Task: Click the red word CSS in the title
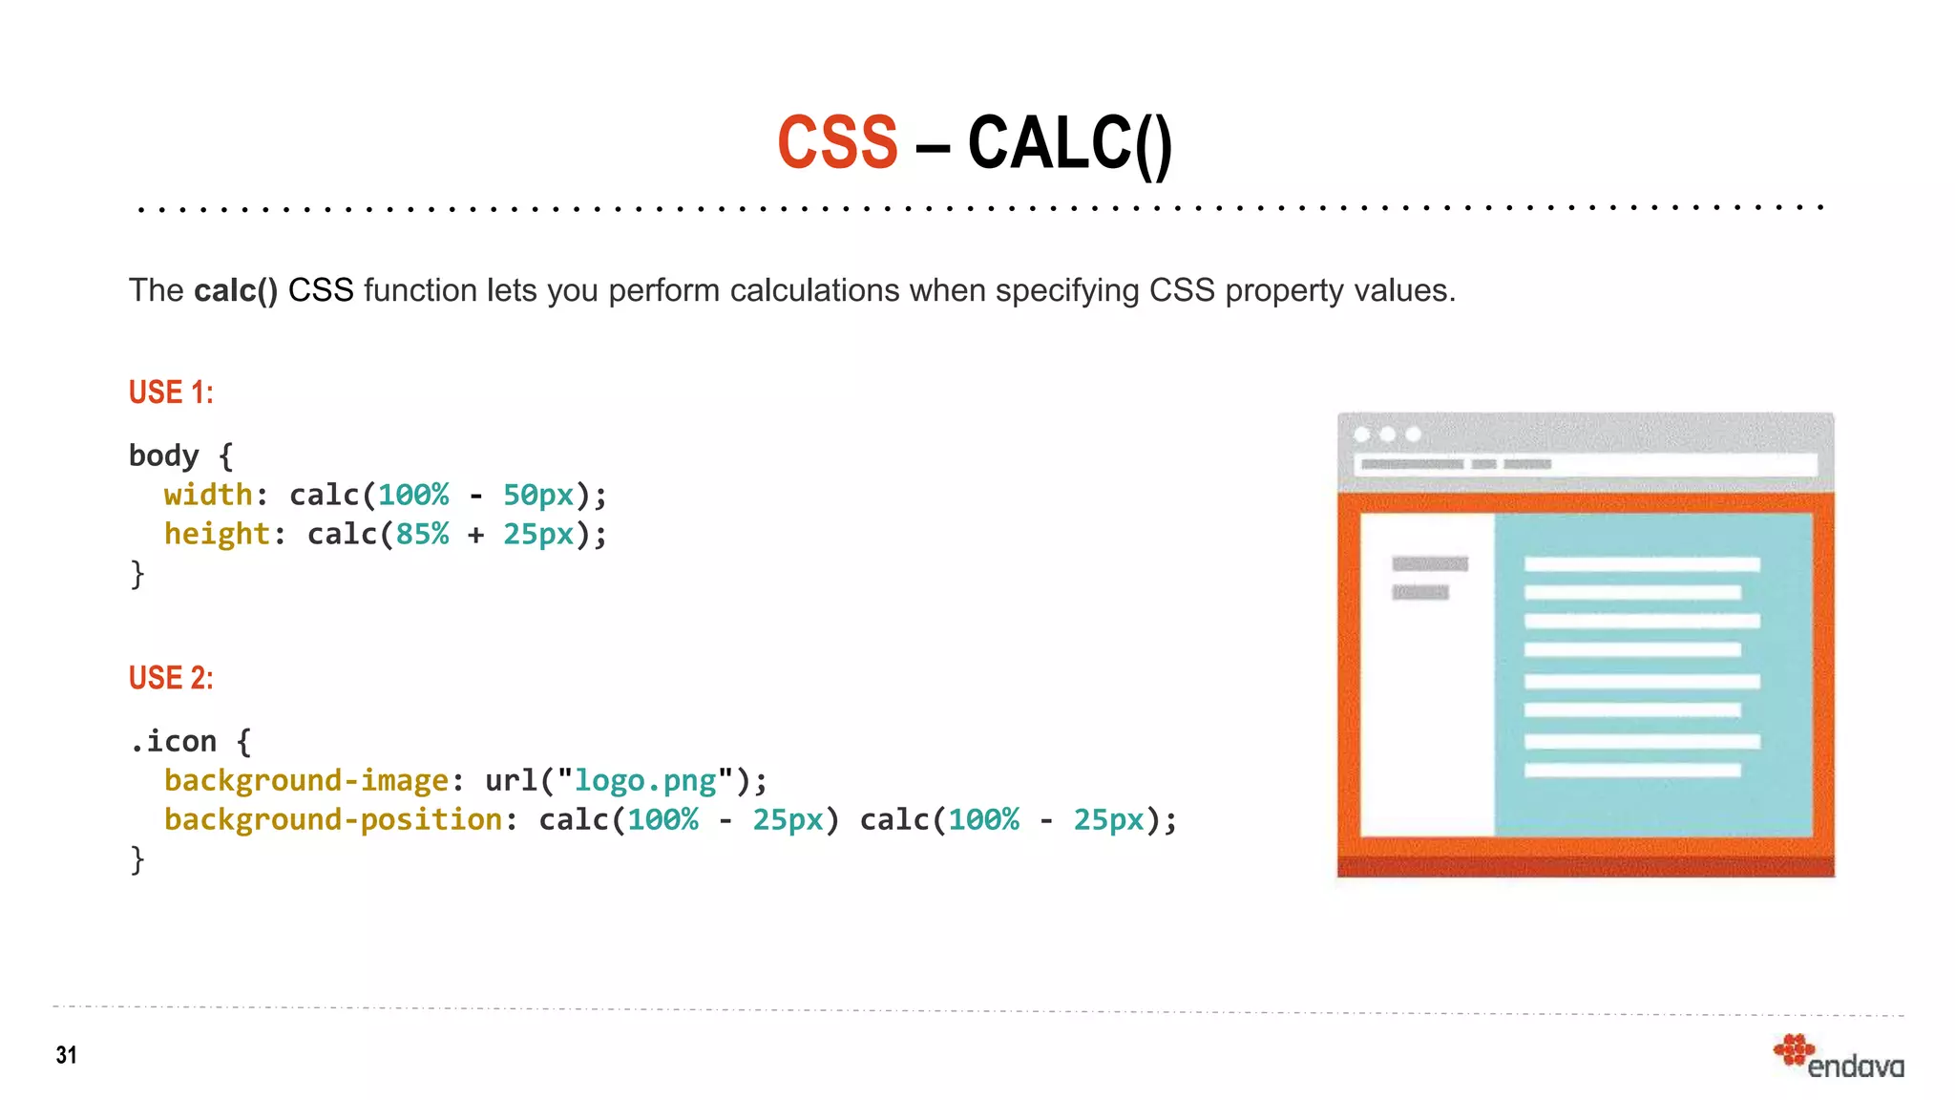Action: coord(837,143)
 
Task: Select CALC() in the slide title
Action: coord(1069,143)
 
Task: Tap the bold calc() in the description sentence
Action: coord(235,290)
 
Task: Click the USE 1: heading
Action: coord(171,392)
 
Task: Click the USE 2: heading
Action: coord(171,678)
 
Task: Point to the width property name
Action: coord(208,495)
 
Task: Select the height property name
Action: coord(217,534)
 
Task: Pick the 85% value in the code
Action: coord(422,534)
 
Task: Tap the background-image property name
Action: coord(305,781)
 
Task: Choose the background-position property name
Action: coord(332,820)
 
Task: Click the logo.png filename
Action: coord(644,781)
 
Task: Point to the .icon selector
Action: coord(174,742)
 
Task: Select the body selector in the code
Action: coord(164,455)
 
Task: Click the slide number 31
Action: coord(66,1055)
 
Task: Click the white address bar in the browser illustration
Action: coord(1585,464)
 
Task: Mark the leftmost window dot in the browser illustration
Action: coord(1362,434)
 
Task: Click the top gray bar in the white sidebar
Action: coord(1429,563)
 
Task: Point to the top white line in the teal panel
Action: coord(1641,564)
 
